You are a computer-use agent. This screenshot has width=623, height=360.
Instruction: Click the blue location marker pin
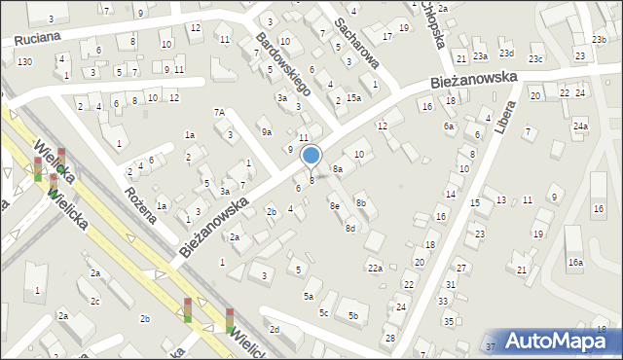[x=311, y=156]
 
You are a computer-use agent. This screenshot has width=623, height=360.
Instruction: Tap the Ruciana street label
[x=37, y=37]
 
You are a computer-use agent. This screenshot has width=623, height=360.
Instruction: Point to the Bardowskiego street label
[x=281, y=62]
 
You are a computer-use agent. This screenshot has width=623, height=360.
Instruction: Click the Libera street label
[x=502, y=115]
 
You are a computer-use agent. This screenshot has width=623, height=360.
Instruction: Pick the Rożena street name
[x=141, y=201]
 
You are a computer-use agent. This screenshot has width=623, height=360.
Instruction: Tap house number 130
[x=24, y=61]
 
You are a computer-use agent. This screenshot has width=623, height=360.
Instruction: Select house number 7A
[x=219, y=112]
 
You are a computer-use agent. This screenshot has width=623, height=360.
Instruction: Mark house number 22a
[x=375, y=268]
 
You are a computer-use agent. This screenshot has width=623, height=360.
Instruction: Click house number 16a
[x=575, y=263]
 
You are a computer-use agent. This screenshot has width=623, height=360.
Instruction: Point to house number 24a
[x=580, y=126]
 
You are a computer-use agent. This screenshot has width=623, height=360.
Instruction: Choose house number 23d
[x=506, y=53]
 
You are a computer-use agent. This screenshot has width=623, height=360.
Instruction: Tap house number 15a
[x=353, y=97]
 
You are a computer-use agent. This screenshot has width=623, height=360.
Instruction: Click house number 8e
[x=334, y=205]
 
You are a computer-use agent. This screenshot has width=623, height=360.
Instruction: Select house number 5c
[x=323, y=312]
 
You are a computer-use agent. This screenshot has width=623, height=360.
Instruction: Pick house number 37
[x=490, y=346]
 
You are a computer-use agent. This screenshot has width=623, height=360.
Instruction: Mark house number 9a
[x=265, y=130]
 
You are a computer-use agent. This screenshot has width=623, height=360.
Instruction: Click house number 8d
[x=349, y=228]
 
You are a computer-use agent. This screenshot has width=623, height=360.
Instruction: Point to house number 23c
[x=535, y=59]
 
